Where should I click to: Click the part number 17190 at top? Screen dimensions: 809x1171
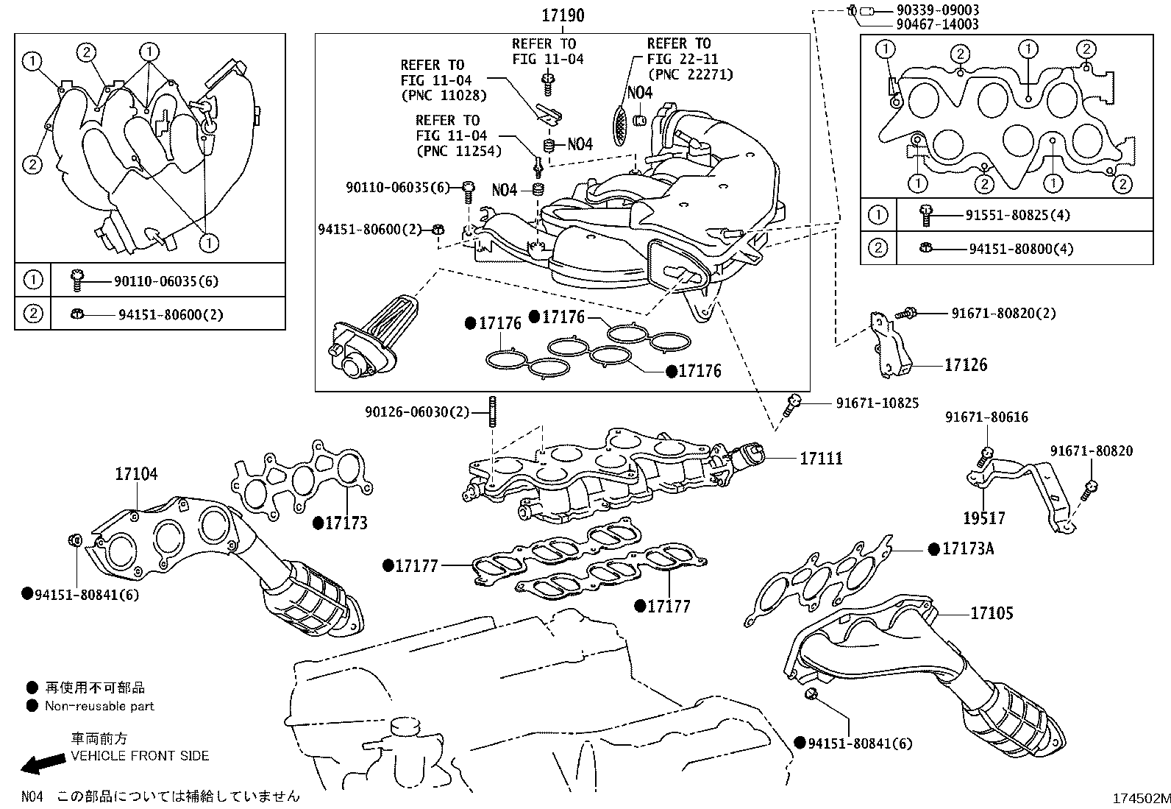pyautogui.click(x=563, y=15)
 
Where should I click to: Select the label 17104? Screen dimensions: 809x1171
pyautogui.click(x=135, y=475)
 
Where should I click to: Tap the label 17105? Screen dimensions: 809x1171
pyautogui.click(x=992, y=613)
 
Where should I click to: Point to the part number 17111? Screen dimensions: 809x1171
pyautogui.click(x=821, y=458)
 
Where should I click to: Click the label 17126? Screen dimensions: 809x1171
pyautogui.click(x=966, y=365)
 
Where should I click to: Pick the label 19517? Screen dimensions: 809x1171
pyautogui.click(x=984, y=518)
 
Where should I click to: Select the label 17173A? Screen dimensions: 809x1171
pyautogui.click(x=968, y=549)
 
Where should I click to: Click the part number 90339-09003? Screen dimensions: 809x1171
pyautogui.click(x=938, y=10)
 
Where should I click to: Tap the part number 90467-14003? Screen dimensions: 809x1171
pyautogui.click(x=938, y=24)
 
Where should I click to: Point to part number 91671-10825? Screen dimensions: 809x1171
pyautogui.click(x=877, y=403)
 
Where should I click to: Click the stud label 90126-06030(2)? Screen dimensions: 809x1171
pyautogui.click(x=416, y=411)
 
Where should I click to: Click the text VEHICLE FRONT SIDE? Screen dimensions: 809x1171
pyautogui.click(x=140, y=756)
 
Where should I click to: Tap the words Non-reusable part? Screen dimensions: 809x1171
pyautogui.click(x=99, y=706)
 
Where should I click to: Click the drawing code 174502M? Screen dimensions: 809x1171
pyautogui.click(x=1140, y=798)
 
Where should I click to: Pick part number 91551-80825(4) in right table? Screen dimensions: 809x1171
pyautogui.click(x=1017, y=216)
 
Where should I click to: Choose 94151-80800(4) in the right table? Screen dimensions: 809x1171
pyautogui.click(x=1020, y=249)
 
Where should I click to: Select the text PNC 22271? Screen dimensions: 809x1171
pyautogui.click(x=690, y=74)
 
